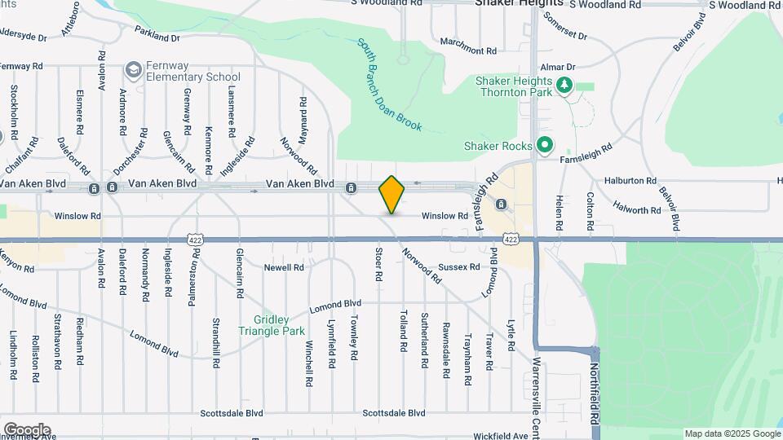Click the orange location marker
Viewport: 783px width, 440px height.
392,194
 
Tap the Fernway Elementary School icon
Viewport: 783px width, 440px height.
131,71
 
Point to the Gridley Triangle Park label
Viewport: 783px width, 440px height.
272,325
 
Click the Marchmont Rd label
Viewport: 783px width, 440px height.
468,50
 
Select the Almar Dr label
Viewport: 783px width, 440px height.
560,66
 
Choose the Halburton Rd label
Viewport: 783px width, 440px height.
630,180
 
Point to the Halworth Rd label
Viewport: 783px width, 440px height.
633,210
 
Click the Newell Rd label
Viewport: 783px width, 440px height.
284,266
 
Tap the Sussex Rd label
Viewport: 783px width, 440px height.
460,266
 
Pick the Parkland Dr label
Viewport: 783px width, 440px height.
157,37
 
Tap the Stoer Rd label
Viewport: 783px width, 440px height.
379,265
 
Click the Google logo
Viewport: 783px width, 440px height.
27,429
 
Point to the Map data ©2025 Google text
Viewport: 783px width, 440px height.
732,433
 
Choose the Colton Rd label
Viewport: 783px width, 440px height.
590,210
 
